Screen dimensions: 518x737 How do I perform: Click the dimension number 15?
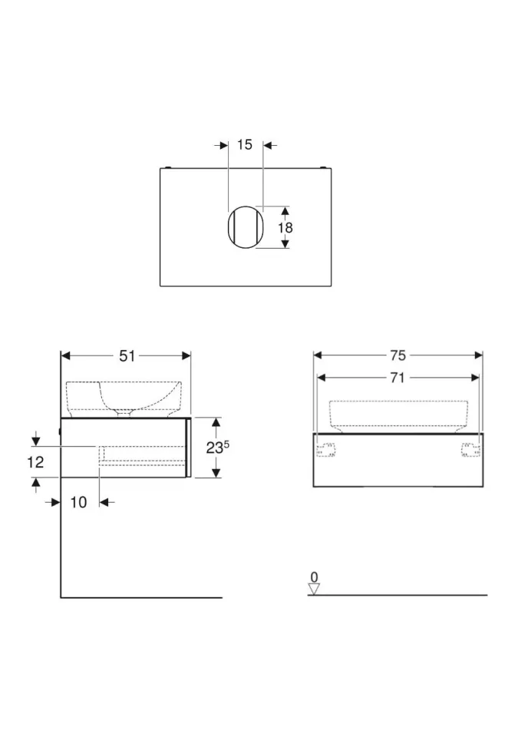[x=245, y=145]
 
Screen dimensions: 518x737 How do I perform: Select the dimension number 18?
[x=285, y=227]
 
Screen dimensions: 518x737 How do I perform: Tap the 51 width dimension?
[x=127, y=355]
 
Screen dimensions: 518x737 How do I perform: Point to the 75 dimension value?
[x=398, y=355]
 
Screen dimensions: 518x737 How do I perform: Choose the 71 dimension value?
[x=398, y=378]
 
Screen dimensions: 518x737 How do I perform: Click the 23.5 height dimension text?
[x=218, y=448]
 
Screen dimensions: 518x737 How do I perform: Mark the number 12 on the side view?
[x=35, y=462]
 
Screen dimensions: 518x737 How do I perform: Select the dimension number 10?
[x=78, y=502]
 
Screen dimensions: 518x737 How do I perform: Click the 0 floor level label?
[x=314, y=577]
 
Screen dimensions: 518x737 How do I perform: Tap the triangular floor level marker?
[x=314, y=589]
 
